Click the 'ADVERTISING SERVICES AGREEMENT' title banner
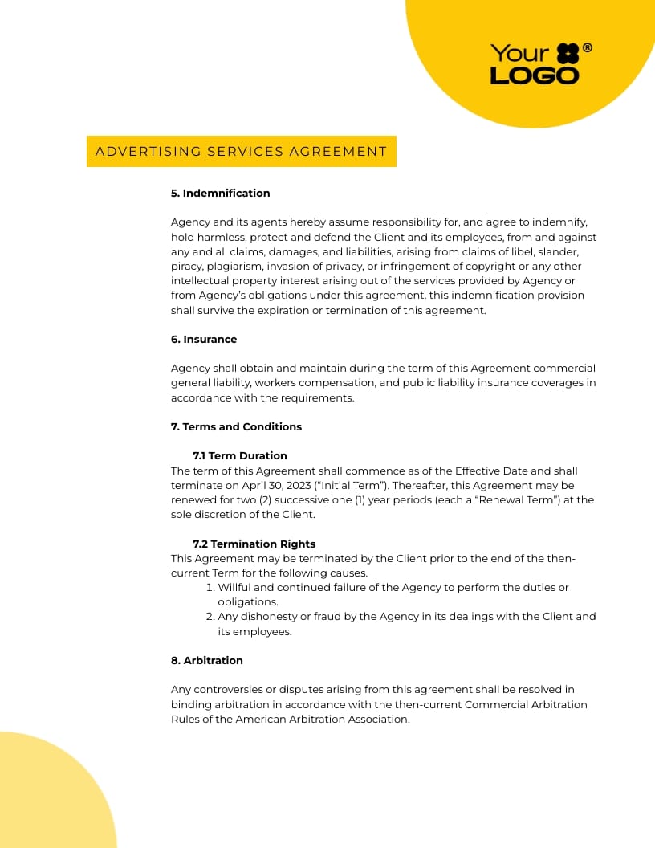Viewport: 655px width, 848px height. click(241, 151)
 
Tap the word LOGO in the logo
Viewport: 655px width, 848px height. click(534, 76)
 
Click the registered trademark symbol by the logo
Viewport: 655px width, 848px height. click(588, 48)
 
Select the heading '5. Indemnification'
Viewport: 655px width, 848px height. click(220, 193)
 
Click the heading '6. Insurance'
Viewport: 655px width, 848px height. click(204, 339)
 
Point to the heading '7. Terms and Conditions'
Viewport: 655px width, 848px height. click(236, 426)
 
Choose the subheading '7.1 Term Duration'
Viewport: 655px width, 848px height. click(239, 455)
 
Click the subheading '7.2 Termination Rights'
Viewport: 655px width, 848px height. click(254, 544)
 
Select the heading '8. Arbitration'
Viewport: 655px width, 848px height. click(206, 660)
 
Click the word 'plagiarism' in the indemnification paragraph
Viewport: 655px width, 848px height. click(234, 267)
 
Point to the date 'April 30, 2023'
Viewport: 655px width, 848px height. click(269, 486)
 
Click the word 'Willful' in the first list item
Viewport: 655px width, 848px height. click(234, 588)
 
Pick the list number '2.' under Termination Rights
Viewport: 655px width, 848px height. click(210, 617)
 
